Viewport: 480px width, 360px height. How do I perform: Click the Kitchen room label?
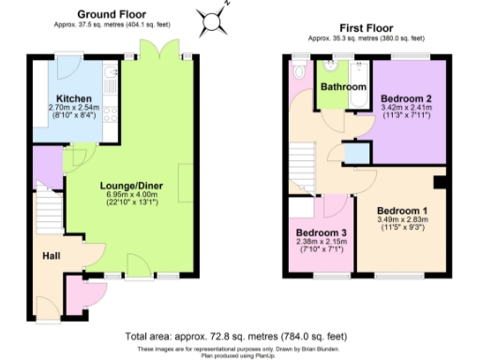coord(72,98)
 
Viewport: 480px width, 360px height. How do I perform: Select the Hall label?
coord(52,254)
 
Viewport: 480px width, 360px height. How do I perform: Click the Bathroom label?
coord(342,87)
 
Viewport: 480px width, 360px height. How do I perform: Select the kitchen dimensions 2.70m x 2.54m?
coord(72,109)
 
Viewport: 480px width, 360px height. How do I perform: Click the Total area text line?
coord(235,336)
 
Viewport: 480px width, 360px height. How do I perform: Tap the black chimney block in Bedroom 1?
coord(439,182)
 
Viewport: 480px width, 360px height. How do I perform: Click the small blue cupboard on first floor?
coord(355,155)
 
